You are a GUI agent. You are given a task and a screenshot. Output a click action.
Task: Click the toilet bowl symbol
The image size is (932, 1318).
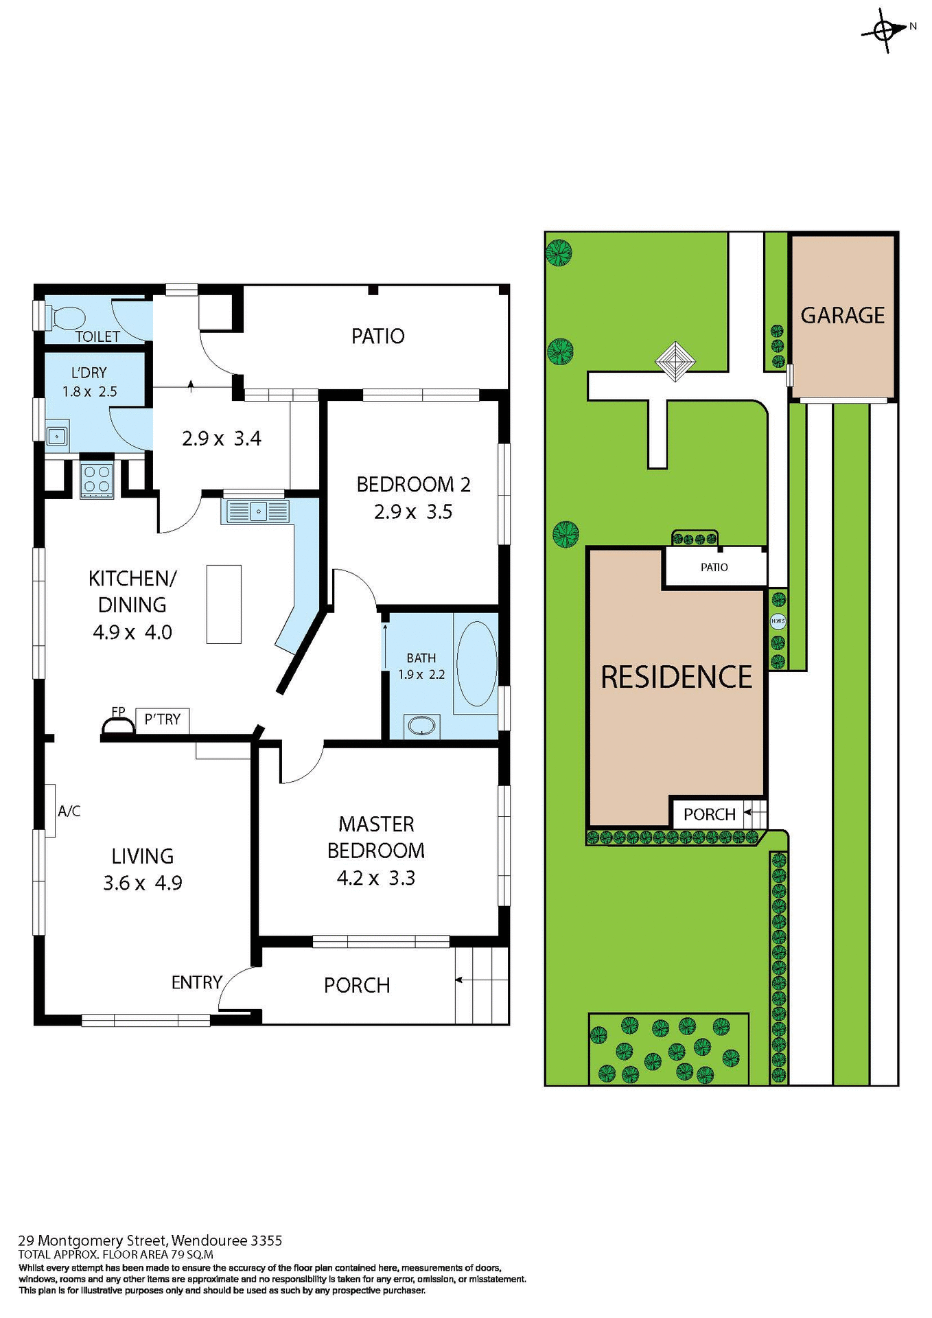coord(67,318)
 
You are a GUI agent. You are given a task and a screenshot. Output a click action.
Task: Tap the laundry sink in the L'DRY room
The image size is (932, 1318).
coord(56,436)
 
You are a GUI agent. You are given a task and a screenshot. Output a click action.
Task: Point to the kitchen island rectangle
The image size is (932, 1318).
coord(224,604)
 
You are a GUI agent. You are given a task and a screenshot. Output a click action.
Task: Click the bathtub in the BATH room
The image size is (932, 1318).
coord(476,664)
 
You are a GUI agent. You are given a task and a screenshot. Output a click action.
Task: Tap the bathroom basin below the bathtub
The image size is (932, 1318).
coord(421,726)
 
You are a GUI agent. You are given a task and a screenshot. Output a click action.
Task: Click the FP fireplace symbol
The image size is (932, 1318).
coord(118,724)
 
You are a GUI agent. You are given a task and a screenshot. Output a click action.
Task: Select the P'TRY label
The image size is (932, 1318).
coord(163,719)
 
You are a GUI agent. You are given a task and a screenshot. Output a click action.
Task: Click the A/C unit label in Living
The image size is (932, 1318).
coord(69,811)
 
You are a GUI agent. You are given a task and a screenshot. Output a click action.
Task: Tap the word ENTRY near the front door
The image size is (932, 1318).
coord(196,982)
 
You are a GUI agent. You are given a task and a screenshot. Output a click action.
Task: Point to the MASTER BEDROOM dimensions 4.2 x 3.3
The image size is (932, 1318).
coord(375,878)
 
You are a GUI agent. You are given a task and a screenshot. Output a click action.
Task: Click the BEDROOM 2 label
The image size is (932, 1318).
coord(413,485)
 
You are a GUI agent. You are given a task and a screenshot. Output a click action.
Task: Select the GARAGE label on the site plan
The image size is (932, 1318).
coord(842,316)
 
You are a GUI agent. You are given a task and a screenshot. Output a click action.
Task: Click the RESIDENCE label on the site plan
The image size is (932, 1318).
coord(676,677)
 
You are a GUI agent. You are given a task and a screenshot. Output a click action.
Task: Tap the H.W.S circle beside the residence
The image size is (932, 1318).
coord(778,621)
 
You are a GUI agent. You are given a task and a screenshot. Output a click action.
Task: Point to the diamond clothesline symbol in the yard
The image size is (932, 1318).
coord(675,361)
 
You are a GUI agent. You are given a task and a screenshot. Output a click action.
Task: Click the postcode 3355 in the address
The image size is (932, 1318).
coord(266,1240)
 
